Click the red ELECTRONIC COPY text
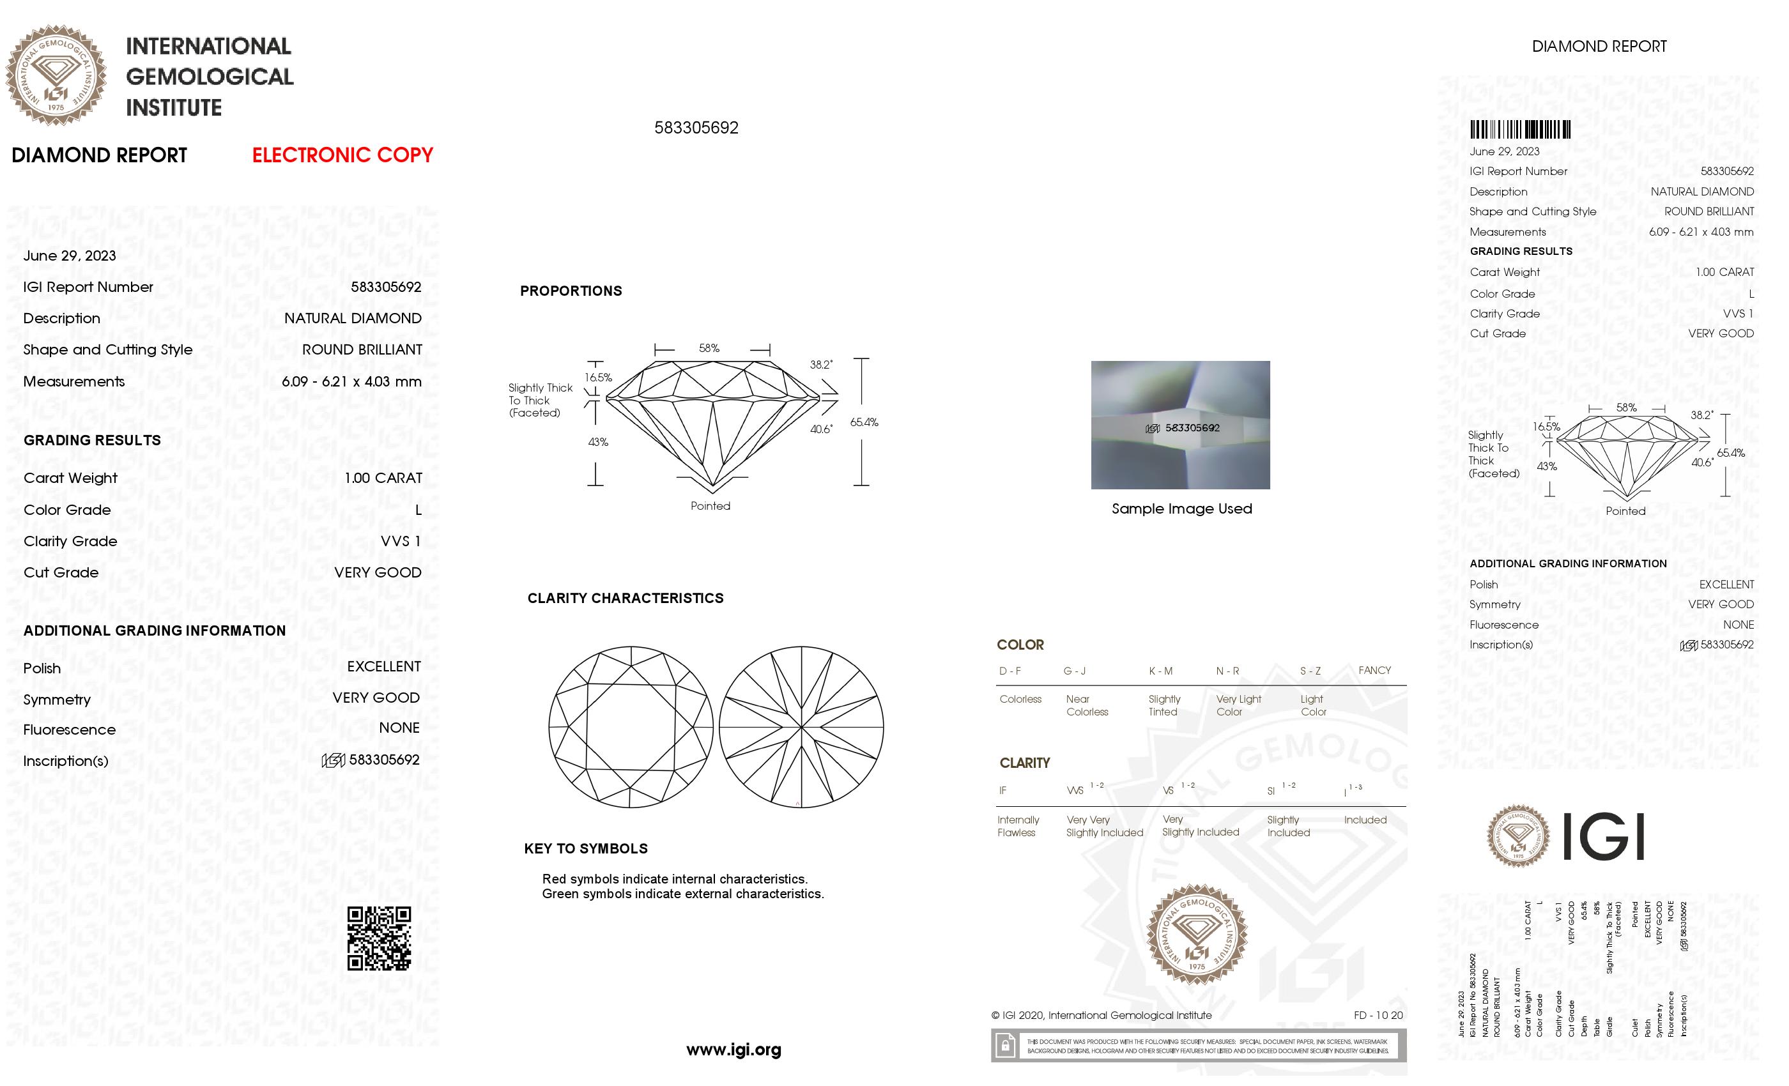(x=342, y=155)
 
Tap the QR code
(x=378, y=938)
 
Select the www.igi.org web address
(x=733, y=1050)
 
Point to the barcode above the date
(x=1519, y=130)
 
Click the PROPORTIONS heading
(x=571, y=291)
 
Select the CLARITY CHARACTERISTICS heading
(x=625, y=598)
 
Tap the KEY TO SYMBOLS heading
(x=585, y=848)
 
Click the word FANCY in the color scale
(x=1374, y=670)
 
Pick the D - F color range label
(x=1010, y=671)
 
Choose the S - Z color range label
(x=1310, y=671)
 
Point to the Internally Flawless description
(x=1018, y=826)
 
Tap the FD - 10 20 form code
(x=1378, y=1016)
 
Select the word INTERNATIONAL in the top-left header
(x=208, y=47)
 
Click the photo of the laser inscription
(x=1180, y=425)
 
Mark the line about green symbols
(x=682, y=894)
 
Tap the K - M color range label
(x=1160, y=671)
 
